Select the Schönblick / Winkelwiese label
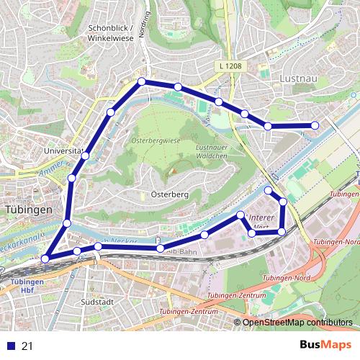[112, 33]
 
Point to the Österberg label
[171, 194]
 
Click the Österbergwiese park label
[155, 141]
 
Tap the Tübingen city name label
[28, 209]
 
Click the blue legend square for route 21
[10, 346]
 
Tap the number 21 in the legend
[28, 346]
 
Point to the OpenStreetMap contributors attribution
[297, 323]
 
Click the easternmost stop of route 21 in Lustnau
[315, 126]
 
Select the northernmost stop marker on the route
[142, 81]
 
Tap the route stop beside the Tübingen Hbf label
[45, 258]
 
